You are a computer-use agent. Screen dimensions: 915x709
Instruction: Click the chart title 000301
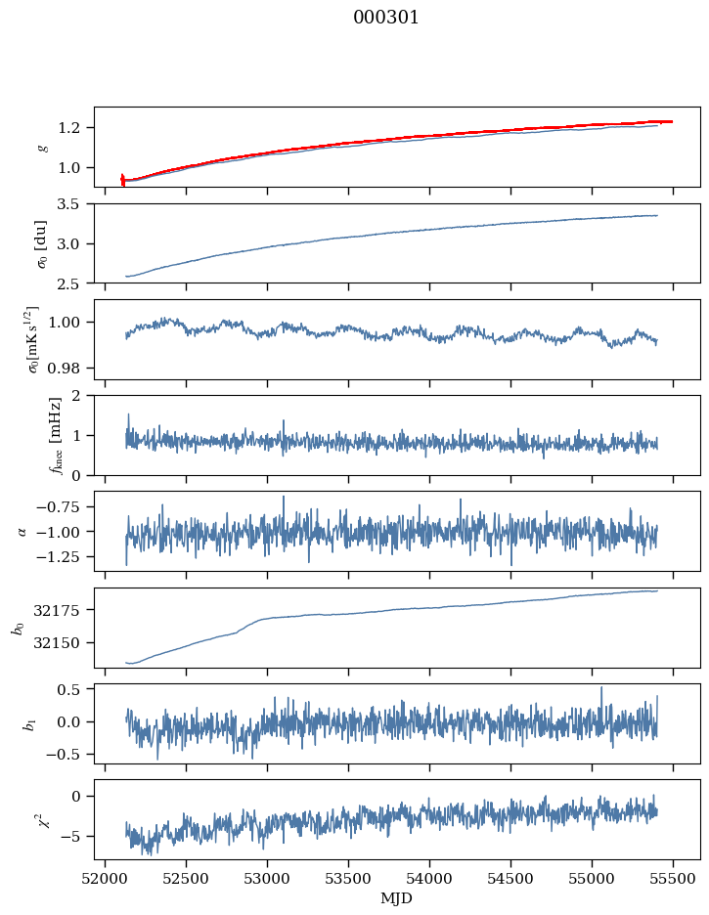coord(386,18)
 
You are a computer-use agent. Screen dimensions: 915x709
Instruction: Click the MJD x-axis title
coord(397,898)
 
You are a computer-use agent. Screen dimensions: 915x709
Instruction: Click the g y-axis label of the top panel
coord(42,147)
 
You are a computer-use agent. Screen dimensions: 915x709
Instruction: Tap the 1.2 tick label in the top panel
coord(74,128)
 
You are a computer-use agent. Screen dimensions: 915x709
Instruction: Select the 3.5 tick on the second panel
coord(74,204)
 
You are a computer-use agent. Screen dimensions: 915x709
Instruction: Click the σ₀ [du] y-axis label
coord(42,243)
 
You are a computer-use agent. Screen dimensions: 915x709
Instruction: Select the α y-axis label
coord(23,531)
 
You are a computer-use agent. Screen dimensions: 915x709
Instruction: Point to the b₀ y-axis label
coord(17,628)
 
